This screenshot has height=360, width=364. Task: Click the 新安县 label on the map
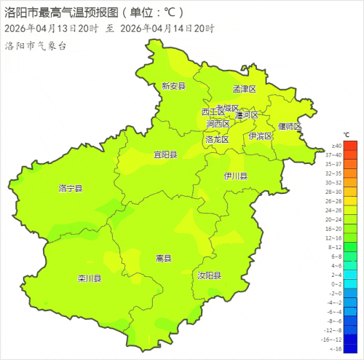point(174,86)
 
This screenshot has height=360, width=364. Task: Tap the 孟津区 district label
point(245,90)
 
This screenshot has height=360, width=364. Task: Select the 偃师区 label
point(289,126)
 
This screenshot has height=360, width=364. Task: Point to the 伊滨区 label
point(260,136)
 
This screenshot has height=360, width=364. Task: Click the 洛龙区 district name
point(217,139)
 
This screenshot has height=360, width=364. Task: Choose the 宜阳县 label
point(165,154)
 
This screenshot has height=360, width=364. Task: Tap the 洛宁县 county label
point(71,188)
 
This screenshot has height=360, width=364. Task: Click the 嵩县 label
point(164,259)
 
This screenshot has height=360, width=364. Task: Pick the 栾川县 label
point(90,278)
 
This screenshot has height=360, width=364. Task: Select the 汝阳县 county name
point(210,275)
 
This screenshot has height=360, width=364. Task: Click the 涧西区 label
point(217,125)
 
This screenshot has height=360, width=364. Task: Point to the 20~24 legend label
point(336,219)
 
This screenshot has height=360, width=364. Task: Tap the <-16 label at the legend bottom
point(336,349)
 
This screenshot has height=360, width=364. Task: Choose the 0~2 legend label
point(336,284)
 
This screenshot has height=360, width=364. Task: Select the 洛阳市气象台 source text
point(36,46)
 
